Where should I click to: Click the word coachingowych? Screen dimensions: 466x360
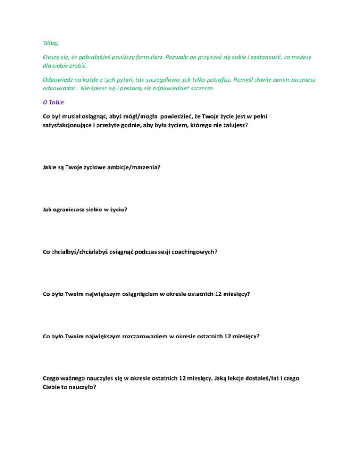pyautogui.click(x=192, y=251)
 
